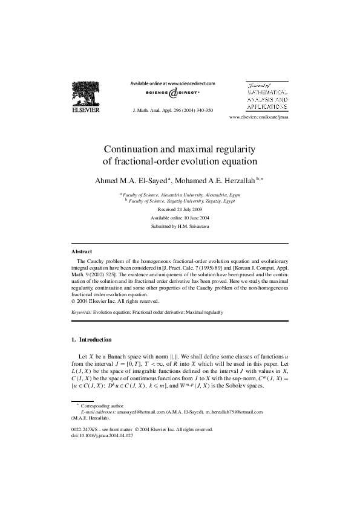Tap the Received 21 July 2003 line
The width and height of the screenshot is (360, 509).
point(180,208)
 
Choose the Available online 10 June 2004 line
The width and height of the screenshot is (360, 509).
point(180,217)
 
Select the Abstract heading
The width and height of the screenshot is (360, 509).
point(82,251)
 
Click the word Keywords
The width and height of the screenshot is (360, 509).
point(81,313)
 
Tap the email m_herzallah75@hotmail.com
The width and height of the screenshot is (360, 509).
point(234,411)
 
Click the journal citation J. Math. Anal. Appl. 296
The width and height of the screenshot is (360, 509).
point(172,111)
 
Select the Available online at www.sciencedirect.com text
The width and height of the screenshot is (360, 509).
point(172,83)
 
